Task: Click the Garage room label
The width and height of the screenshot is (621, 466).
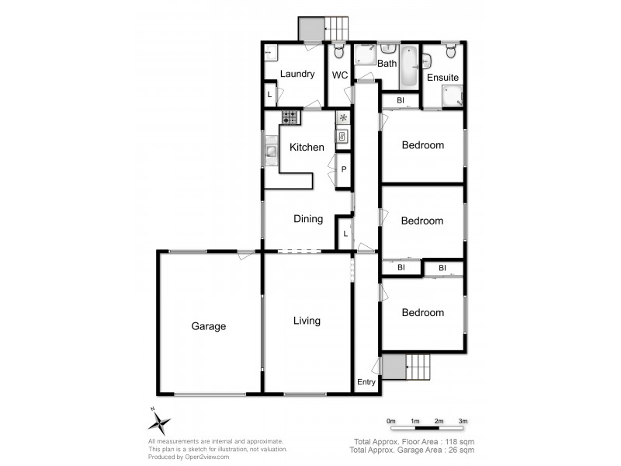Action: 208,326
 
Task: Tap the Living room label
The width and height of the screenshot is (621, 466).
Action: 307,321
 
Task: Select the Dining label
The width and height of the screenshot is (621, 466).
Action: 308,219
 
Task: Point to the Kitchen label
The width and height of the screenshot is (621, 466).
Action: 307,148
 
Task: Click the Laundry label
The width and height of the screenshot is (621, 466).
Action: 297,75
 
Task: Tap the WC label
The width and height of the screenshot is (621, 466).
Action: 340,75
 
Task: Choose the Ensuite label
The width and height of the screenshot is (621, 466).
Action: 442,78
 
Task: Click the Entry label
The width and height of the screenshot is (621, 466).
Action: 366,382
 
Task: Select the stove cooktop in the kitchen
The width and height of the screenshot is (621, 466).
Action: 290,118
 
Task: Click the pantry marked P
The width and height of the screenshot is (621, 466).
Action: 342,169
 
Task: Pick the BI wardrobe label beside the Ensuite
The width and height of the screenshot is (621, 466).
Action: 401,101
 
